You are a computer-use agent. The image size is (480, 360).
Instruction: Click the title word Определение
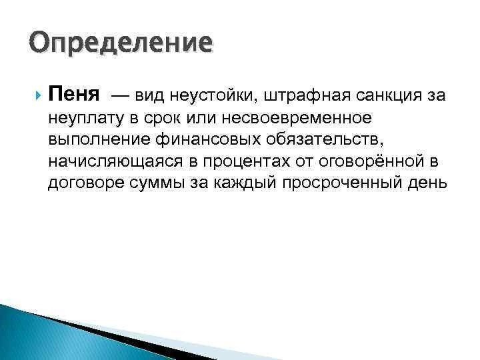pyautogui.click(x=121, y=43)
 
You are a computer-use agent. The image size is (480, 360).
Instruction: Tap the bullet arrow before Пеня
pyautogui.click(x=35, y=95)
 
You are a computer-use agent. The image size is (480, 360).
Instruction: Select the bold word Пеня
pyautogui.click(x=73, y=95)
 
